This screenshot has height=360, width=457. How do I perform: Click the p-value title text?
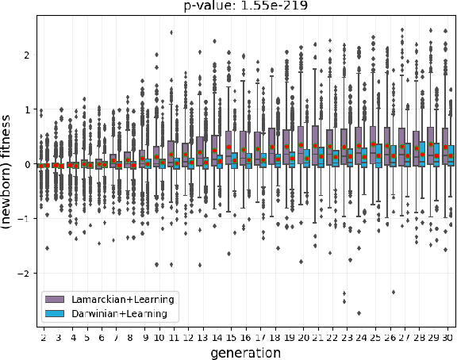[x=246, y=6]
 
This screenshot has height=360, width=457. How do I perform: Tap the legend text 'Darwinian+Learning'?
[x=124, y=313]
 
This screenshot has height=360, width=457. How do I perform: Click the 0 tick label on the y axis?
[x=26, y=164]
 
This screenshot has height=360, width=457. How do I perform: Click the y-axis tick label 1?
[x=26, y=109]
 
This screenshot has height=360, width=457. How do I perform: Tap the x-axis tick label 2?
[x=44, y=337]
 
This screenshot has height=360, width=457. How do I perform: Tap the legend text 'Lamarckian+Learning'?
[x=122, y=299]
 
